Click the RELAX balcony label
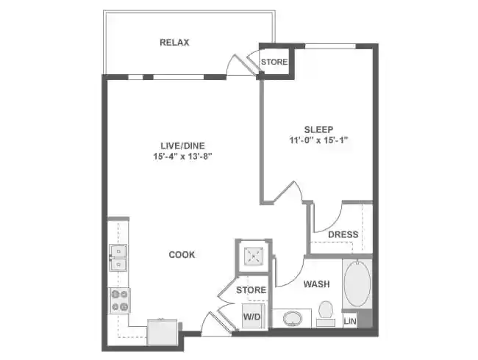point(174,42)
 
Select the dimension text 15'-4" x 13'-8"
point(181,156)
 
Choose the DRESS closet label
point(343,235)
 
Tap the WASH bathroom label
point(315,284)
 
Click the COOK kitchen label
point(182,255)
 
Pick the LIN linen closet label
point(350,320)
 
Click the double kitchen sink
point(118,256)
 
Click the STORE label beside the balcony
point(274,62)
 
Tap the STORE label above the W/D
point(251,291)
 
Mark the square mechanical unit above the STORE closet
point(253,256)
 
